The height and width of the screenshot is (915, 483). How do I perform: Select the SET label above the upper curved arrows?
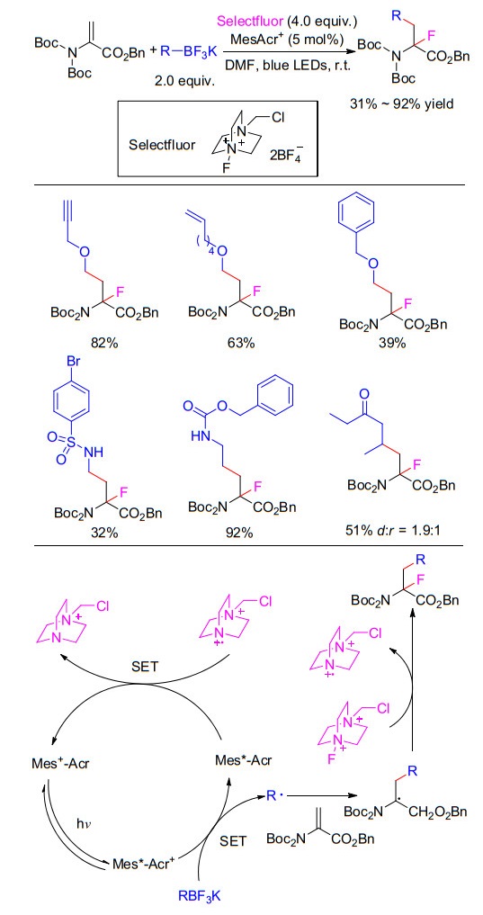[x=145, y=666]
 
